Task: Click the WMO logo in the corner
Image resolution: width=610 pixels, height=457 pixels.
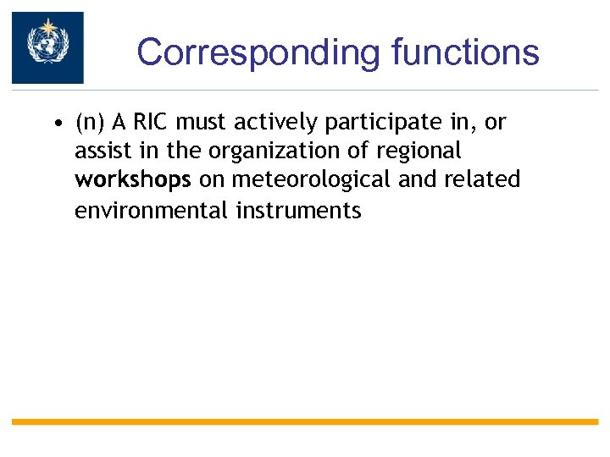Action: click(47, 48)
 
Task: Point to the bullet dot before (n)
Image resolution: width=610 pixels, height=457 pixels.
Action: click(55, 124)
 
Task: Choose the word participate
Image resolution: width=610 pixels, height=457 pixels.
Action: click(376, 124)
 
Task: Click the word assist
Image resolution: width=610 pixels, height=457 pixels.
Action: click(97, 151)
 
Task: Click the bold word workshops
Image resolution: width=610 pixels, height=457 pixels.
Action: click(132, 181)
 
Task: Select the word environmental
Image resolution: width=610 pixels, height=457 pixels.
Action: click(152, 210)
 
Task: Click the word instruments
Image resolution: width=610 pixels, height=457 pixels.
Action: click(299, 210)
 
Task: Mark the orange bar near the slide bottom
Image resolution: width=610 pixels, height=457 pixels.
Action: click(305, 421)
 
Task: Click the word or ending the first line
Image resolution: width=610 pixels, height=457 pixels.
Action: click(495, 124)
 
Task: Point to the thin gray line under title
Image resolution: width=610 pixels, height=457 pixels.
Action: click(339, 90)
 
